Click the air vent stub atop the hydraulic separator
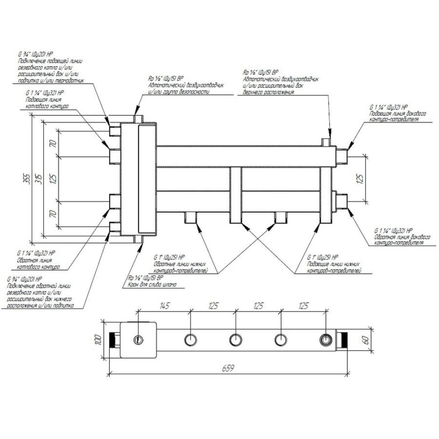[139, 119]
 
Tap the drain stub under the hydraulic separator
[139, 239]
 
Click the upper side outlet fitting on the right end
[341, 155]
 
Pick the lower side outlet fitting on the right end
[341, 200]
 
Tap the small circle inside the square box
[139, 339]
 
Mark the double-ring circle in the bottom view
[326, 339]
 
